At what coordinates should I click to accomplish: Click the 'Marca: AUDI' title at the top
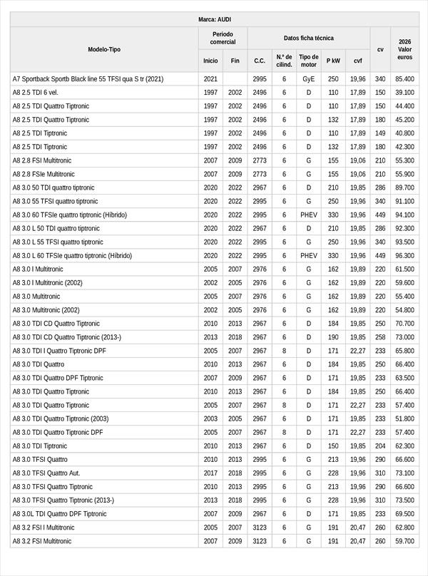[214, 19]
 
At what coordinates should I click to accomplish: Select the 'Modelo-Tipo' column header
[104, 49]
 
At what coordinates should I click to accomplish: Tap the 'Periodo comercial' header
[223, 38]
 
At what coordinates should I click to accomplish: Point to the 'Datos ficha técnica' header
[308, 38]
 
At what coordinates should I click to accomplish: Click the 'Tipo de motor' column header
[309, 61]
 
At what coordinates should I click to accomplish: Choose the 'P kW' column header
[333, 61]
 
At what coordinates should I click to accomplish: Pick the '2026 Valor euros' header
[404, 49]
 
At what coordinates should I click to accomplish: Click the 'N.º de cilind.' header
[284, 61]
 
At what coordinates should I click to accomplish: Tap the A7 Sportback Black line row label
[88, 79]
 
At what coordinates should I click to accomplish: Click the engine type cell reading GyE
[309, 79]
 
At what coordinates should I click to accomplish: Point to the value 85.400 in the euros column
[404, 79]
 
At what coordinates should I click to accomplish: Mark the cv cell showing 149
[380, 133]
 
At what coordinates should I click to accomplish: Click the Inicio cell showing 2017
[210, 473]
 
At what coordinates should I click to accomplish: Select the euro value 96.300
[404, 256]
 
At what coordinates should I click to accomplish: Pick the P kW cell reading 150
[333, 446]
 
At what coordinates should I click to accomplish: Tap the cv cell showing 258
[380, 337]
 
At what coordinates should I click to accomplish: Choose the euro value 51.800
[404, 419]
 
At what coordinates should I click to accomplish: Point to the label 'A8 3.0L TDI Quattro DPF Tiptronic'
[60, 514]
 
